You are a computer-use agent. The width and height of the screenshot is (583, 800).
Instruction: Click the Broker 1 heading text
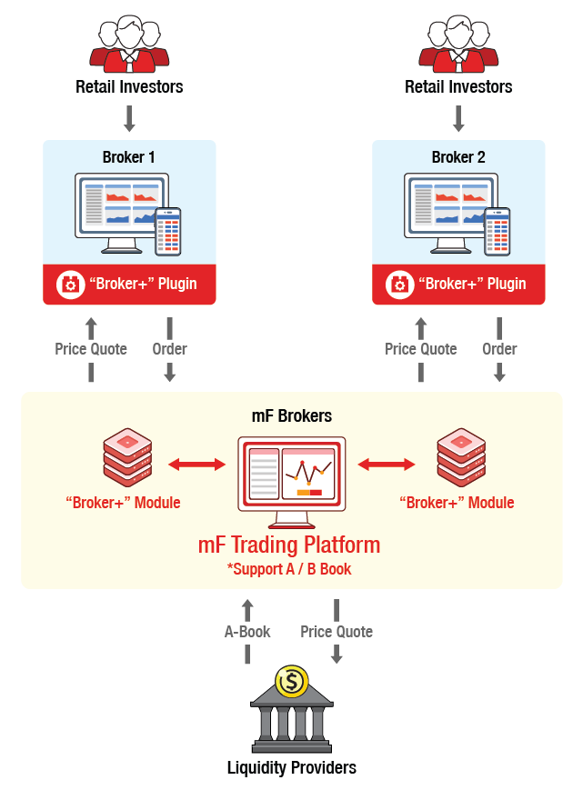[128, 157]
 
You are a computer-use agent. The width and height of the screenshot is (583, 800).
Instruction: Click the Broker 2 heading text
[457, 157]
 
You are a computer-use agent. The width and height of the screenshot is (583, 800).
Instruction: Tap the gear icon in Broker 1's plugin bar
[70, 284]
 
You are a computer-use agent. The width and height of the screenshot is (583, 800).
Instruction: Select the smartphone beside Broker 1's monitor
[168, 231]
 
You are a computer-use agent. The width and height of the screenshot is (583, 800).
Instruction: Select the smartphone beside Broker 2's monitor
[498, 231]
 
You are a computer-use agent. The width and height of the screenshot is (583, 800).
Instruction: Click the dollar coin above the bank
[291, 682]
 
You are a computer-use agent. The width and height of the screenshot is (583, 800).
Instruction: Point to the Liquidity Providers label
[291, 768]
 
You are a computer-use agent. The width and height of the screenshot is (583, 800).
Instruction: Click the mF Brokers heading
[291, 416]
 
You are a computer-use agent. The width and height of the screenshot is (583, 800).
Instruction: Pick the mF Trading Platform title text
[289, 545]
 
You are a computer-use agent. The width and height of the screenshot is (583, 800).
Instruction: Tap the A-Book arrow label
[247, 632]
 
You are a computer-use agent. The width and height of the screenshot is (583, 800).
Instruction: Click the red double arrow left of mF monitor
[199, 465]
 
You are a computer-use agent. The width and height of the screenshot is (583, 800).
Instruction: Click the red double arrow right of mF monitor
[386, 465]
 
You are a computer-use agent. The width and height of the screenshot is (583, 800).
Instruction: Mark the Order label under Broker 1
[169, 349]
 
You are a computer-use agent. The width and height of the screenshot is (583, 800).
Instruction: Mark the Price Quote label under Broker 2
[420, 349]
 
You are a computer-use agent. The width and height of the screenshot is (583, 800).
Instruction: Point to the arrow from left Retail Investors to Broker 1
[128, 118]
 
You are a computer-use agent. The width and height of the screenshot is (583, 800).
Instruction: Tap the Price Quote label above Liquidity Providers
[337, 632]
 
